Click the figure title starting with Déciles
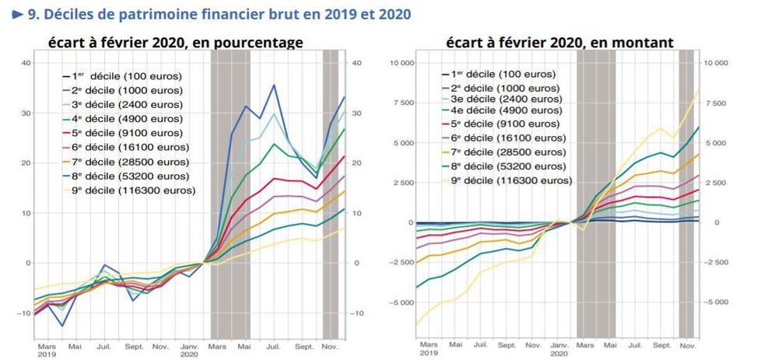(218, 14)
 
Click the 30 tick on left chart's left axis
(26, 113)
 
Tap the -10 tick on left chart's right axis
(359, 313)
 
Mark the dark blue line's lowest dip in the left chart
(62, 325)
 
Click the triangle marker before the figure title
(17, 14)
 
